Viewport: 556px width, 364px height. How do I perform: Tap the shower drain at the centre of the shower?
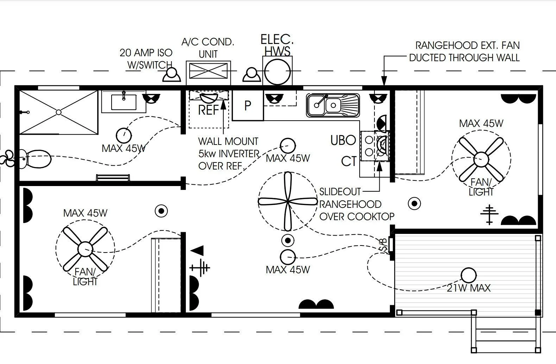click(58, 112)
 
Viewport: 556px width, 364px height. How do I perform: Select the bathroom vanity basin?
click(124, 102)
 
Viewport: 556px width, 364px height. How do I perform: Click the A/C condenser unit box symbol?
click(208, 71)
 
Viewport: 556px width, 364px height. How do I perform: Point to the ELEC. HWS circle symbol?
click(277, 71)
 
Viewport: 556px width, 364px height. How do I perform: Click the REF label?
click(208, 110)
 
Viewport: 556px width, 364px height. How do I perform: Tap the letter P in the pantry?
click(247, 106)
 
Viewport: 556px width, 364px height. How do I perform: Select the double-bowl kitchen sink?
click(333, 105)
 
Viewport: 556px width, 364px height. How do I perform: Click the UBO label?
click(343, 140)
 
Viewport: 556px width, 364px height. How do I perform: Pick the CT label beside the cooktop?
click(349, 161)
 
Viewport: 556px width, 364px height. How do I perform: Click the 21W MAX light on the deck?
click(468, 275)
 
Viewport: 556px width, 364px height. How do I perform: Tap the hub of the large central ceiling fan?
click(288, 202)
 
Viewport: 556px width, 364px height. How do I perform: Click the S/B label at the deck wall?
click(384, 244)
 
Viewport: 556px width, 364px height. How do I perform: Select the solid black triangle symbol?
click(198, 251)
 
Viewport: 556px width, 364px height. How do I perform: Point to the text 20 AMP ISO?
click(146, 53)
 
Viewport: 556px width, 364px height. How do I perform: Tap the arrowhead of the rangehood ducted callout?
click(384, 81)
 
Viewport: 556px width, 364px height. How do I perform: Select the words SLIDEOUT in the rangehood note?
click(340, 192)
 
